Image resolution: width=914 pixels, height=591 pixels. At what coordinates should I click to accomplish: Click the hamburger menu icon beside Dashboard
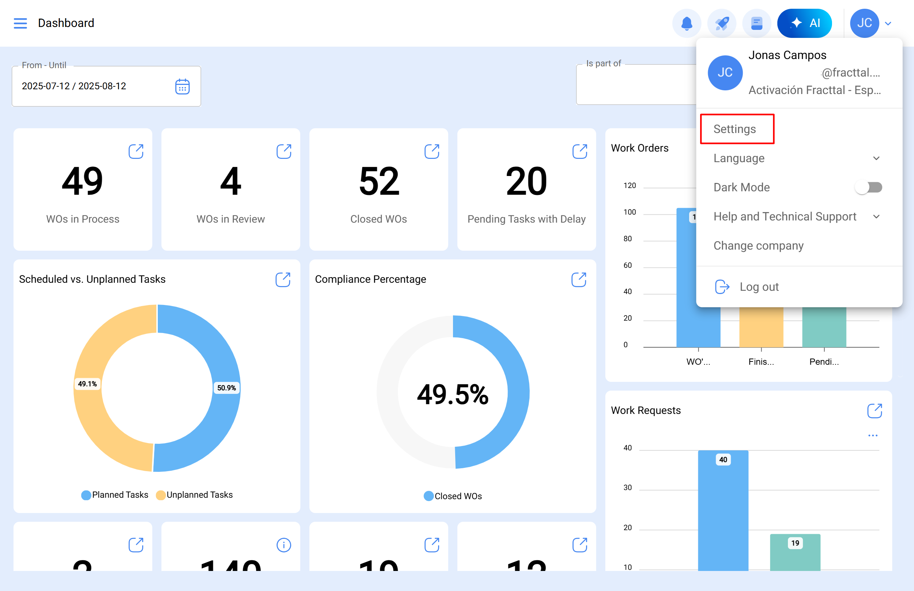pyautogui.click(x=20, y=23)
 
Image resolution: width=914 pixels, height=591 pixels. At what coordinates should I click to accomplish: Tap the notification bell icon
pyautogui.click(x=686, y=23)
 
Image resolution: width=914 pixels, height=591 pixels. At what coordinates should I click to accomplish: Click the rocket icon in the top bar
pyautogui.click(x=721, y=23)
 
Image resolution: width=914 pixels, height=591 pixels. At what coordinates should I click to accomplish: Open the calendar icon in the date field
pyautogui.click(x=182, y=87)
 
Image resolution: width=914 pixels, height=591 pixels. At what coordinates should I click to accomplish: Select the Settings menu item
pyautogui.click(x=734, y=129)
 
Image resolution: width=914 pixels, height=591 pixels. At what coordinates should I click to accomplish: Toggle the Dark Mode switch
pyautogui.click(x=868, y=188)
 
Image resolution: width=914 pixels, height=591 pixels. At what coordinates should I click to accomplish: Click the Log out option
pyautogui.click(x=758, y=287)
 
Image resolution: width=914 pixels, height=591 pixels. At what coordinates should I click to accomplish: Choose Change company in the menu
pyautogui.click(x=758, y=246)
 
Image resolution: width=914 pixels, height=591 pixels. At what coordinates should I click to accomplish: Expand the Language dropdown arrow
pyautogui.click(x=876, y=158)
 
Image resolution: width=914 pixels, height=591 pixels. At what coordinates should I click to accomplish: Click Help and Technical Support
pyautogui.click(x=785, y=217)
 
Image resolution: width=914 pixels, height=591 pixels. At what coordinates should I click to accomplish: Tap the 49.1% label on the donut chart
pyautogui.click(x=87, y=384)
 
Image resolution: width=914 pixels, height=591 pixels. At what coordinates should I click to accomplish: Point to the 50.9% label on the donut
pyautogui.click(x=226, y=388)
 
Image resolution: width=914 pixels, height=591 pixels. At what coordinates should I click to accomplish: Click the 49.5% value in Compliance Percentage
pyautogui.click(x=453, y=395)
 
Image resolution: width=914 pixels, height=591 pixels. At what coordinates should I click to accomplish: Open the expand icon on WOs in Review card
pyautogui.click(x=284, y=152)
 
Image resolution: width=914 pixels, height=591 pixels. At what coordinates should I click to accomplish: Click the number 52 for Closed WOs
pyautogui.click(x=379, y=181)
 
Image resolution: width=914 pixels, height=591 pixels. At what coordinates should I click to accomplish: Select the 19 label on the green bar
pyautogui.click(x=795, y=543)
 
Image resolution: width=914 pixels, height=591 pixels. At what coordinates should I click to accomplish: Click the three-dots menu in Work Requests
pyautogui.click(x=872, y=435)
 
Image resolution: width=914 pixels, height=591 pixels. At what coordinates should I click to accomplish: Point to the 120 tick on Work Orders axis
pyautogui.click(x=629, y=186)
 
